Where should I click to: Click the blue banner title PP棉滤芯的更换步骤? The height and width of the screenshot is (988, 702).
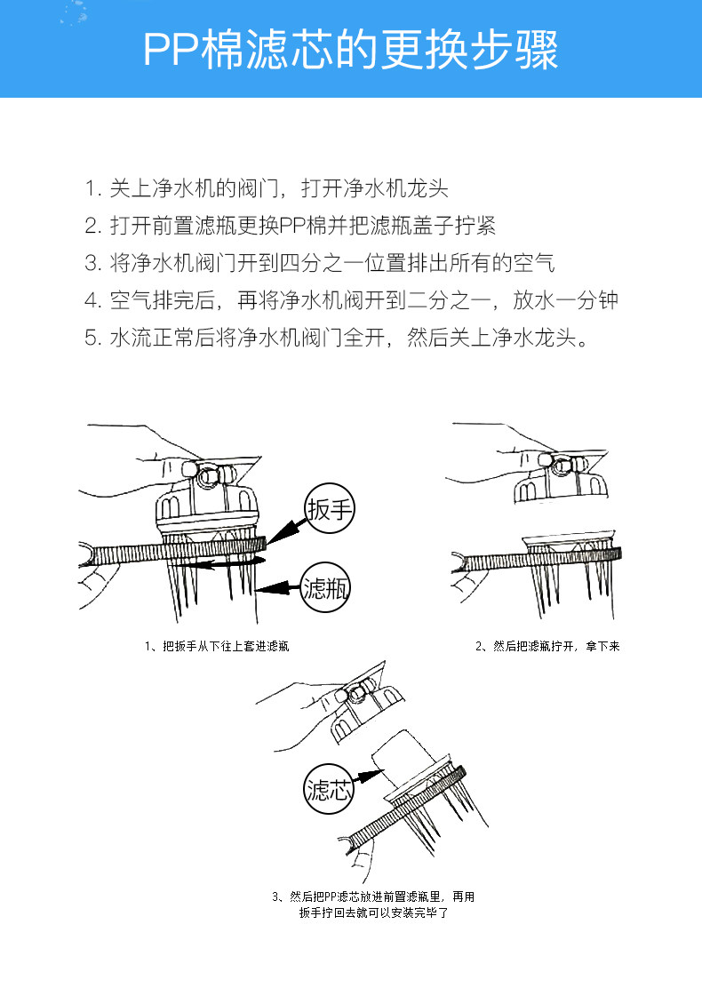coord(351,51)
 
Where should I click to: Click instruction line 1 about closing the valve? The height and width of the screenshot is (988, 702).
coord(267,188)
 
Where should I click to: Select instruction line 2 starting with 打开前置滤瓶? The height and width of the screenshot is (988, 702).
coord(290,226)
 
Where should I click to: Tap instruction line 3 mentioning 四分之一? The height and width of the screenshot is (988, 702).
coord(320,263)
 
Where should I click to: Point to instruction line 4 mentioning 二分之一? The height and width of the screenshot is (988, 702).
coord(351,300)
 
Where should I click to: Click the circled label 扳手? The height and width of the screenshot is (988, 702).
coord(330,509)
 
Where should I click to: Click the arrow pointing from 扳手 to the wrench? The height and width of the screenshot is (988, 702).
coord(286,531)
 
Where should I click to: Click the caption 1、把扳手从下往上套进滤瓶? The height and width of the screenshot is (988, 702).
coord(216,647)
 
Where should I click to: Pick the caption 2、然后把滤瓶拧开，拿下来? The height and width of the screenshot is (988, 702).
coord(547,647)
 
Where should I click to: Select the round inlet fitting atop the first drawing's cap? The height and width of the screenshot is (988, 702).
coord(210,475)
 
